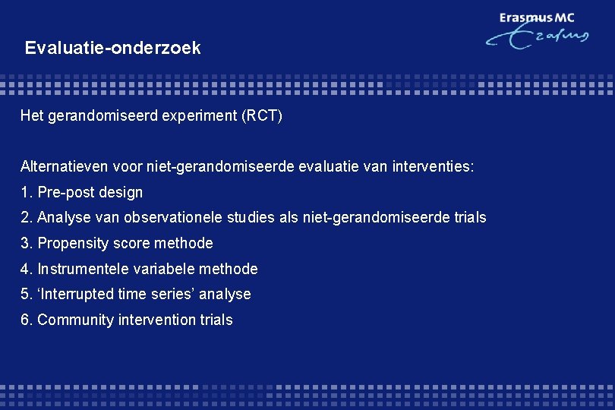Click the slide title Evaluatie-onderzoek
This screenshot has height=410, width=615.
(112, 49)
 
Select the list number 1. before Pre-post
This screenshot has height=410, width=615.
(27, 193)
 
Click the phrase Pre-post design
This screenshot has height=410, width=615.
(90, 193)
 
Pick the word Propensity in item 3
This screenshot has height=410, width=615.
(72, 244)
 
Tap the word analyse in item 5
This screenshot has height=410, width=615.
(225, 295)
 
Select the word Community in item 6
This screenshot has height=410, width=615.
(76, 320)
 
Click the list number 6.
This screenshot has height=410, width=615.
(27, 320)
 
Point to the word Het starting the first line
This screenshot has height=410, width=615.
(32, 117)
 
